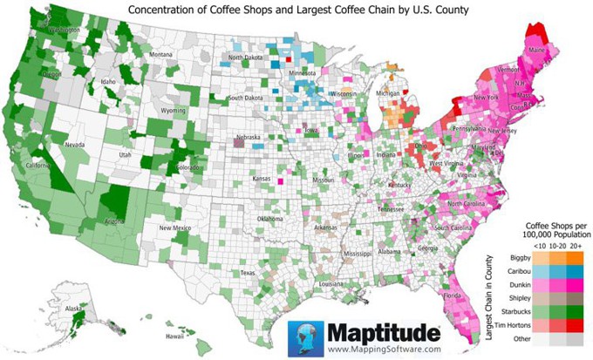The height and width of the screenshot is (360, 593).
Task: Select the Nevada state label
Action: pos(75,145)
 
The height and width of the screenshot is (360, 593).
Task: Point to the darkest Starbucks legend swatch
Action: pos(576,311)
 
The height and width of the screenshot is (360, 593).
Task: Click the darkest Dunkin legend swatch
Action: pos(576,285)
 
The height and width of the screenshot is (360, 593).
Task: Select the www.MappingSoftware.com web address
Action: pos(384,349)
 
